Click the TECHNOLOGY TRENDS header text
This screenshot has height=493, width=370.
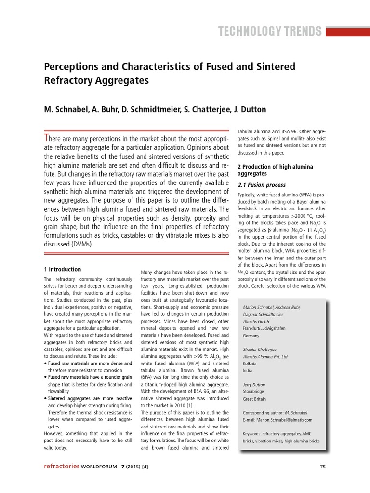269,32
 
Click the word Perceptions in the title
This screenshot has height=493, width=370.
74,66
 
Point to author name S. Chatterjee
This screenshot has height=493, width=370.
201,109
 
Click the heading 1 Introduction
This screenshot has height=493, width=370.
62,269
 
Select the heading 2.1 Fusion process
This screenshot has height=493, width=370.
262,185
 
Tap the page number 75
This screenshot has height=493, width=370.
323,467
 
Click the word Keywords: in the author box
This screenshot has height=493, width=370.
255,434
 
